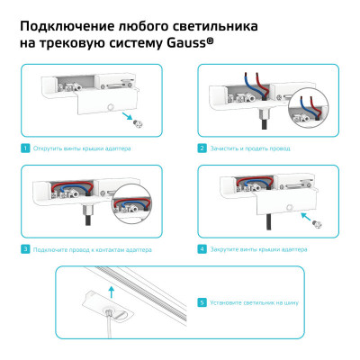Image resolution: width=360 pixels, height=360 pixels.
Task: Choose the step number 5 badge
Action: pos(202,303)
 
